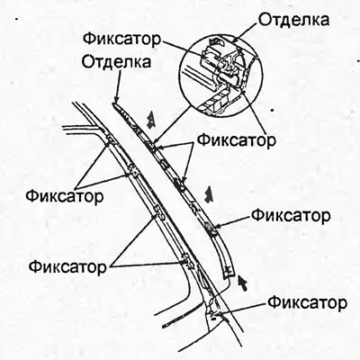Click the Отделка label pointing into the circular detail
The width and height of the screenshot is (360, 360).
pos(293,20)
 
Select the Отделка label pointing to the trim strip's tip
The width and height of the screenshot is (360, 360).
pos(116,62)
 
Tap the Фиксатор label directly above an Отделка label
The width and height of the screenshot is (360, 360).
pos(122,40)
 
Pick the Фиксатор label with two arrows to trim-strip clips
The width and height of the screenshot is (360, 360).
pos(237,139)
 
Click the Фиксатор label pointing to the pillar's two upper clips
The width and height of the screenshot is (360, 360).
pos(65,196)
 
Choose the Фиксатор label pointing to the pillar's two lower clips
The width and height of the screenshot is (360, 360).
pos(67,266)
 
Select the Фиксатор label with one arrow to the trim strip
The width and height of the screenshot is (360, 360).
pos(291,215)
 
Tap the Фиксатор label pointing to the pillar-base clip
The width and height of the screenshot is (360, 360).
pos(308,303)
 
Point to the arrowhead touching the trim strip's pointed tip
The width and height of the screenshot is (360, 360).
pos(116,100)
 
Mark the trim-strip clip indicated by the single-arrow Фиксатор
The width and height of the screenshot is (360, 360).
pos(210,227)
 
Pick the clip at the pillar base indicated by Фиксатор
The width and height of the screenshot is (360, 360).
pos(213,313)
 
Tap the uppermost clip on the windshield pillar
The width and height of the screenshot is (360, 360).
pos(109,139)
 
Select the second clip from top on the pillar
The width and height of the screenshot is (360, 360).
pos(133,171)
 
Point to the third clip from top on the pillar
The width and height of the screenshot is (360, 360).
pos(159,211)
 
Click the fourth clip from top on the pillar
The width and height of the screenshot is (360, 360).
pos(187,260)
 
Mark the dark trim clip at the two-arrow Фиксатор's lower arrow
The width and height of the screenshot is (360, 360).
pos(180,184)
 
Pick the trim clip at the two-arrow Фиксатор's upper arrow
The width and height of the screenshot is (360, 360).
pos(152,146)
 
